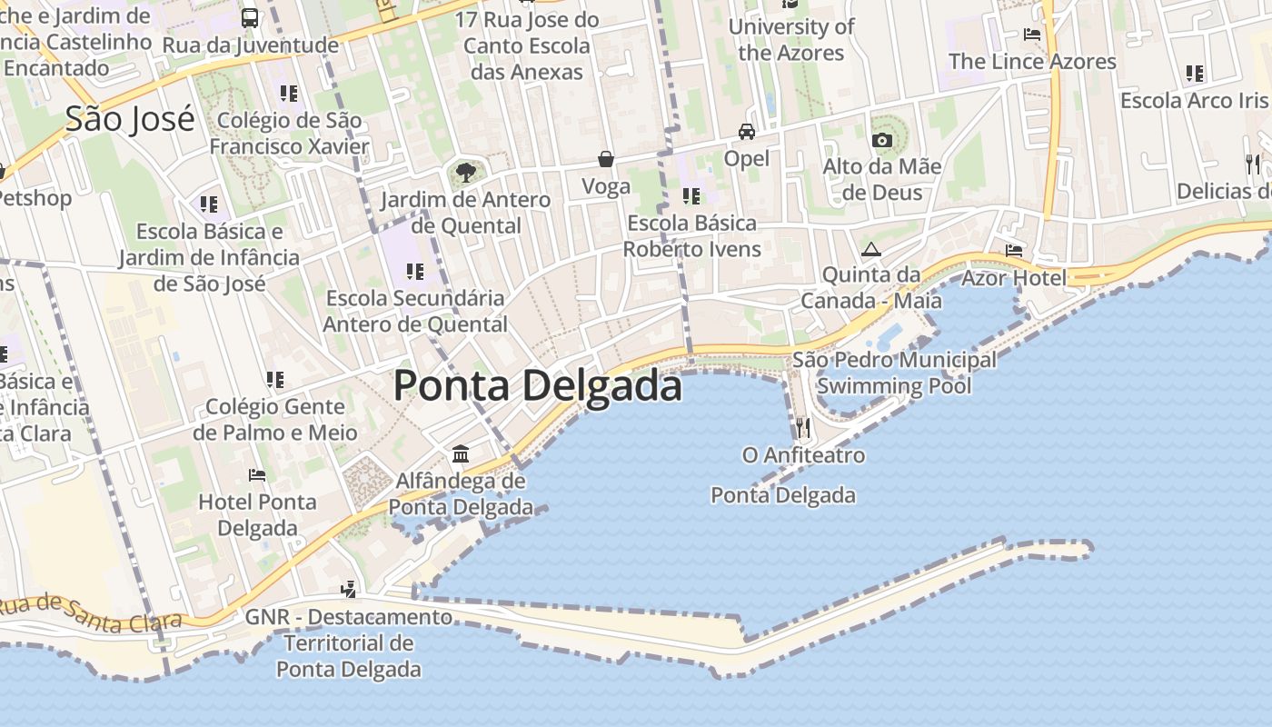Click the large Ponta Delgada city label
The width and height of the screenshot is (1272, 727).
(x=537, y=386)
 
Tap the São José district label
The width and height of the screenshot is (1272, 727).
(x=130, y=119)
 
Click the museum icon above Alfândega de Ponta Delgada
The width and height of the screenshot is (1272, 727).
(x=461, y=453)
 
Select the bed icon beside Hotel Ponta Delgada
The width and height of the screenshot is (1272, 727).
(x=257, y=474)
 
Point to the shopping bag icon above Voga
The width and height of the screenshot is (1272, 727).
(x=606, y=159)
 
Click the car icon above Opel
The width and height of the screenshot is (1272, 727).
(x=747, y=131)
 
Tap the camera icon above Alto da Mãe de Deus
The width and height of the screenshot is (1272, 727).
(x=881, y=140)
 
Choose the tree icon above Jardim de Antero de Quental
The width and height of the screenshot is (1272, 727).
(x=465, y=171)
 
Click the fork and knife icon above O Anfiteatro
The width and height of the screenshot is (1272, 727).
(x=803, y=427)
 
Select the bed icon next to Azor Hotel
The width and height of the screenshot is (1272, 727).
(x=1014, y=250)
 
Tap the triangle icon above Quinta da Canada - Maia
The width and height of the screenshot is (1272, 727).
(x=870, y=249)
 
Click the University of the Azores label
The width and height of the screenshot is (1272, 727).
(x=791, y=40)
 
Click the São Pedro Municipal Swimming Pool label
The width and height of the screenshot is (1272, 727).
(x=894, y=373)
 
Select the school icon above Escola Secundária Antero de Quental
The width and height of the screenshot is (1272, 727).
(x=415, y=271)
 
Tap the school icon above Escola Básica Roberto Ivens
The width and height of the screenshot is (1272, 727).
(x=691, y=195)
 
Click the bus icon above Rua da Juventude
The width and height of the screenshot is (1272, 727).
(x=250, y=17)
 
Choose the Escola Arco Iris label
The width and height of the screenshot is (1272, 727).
(x=1194, y=100)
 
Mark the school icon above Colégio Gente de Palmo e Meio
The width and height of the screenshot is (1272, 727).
(x=275, y=379)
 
